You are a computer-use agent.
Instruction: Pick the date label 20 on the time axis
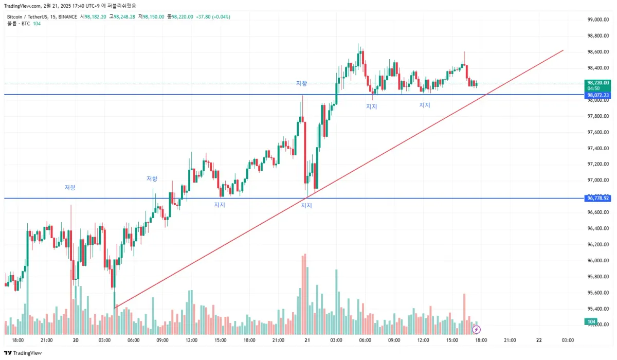tap(76, 340)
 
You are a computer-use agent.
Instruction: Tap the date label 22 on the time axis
tap(539, 340)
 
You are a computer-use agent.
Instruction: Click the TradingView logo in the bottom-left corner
tap(23, 353)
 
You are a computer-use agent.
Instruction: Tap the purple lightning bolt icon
tap(477, 329)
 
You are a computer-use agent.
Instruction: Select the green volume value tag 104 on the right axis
tap(591, 322)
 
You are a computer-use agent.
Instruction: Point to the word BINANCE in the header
tap(67, 16)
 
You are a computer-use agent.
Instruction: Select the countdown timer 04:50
tap(594, 88)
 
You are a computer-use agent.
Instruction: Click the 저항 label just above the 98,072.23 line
tap(301, 83)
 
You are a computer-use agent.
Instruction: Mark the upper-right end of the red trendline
tap(563, 50)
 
